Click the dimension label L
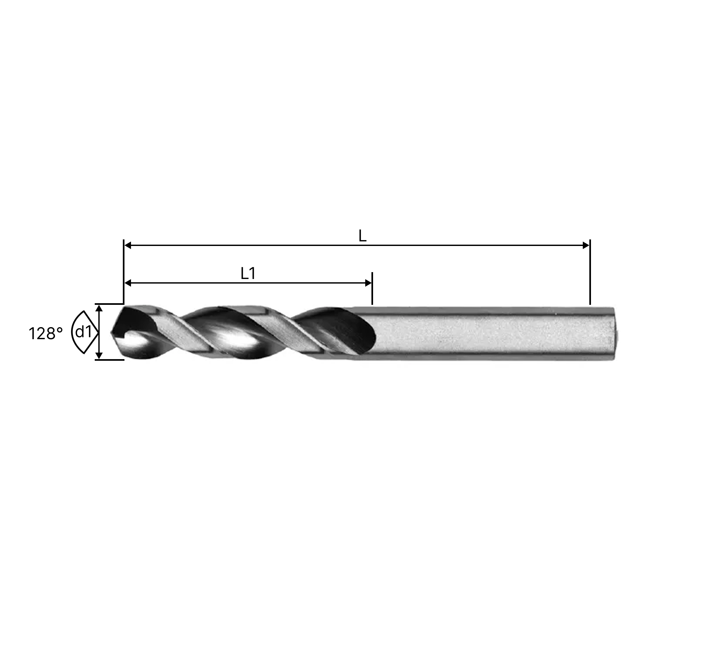coord(362,236)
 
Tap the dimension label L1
coord(248,273)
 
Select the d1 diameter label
coord(84,332)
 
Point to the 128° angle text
coord(46,334)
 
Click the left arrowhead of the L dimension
coord(128,245)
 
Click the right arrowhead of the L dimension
coord(586,245)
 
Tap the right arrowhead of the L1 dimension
coord(368,283)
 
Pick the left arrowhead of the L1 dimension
coord(128,283)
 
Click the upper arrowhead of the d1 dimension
coord(99,308)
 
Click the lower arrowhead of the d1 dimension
coord(99,356)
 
